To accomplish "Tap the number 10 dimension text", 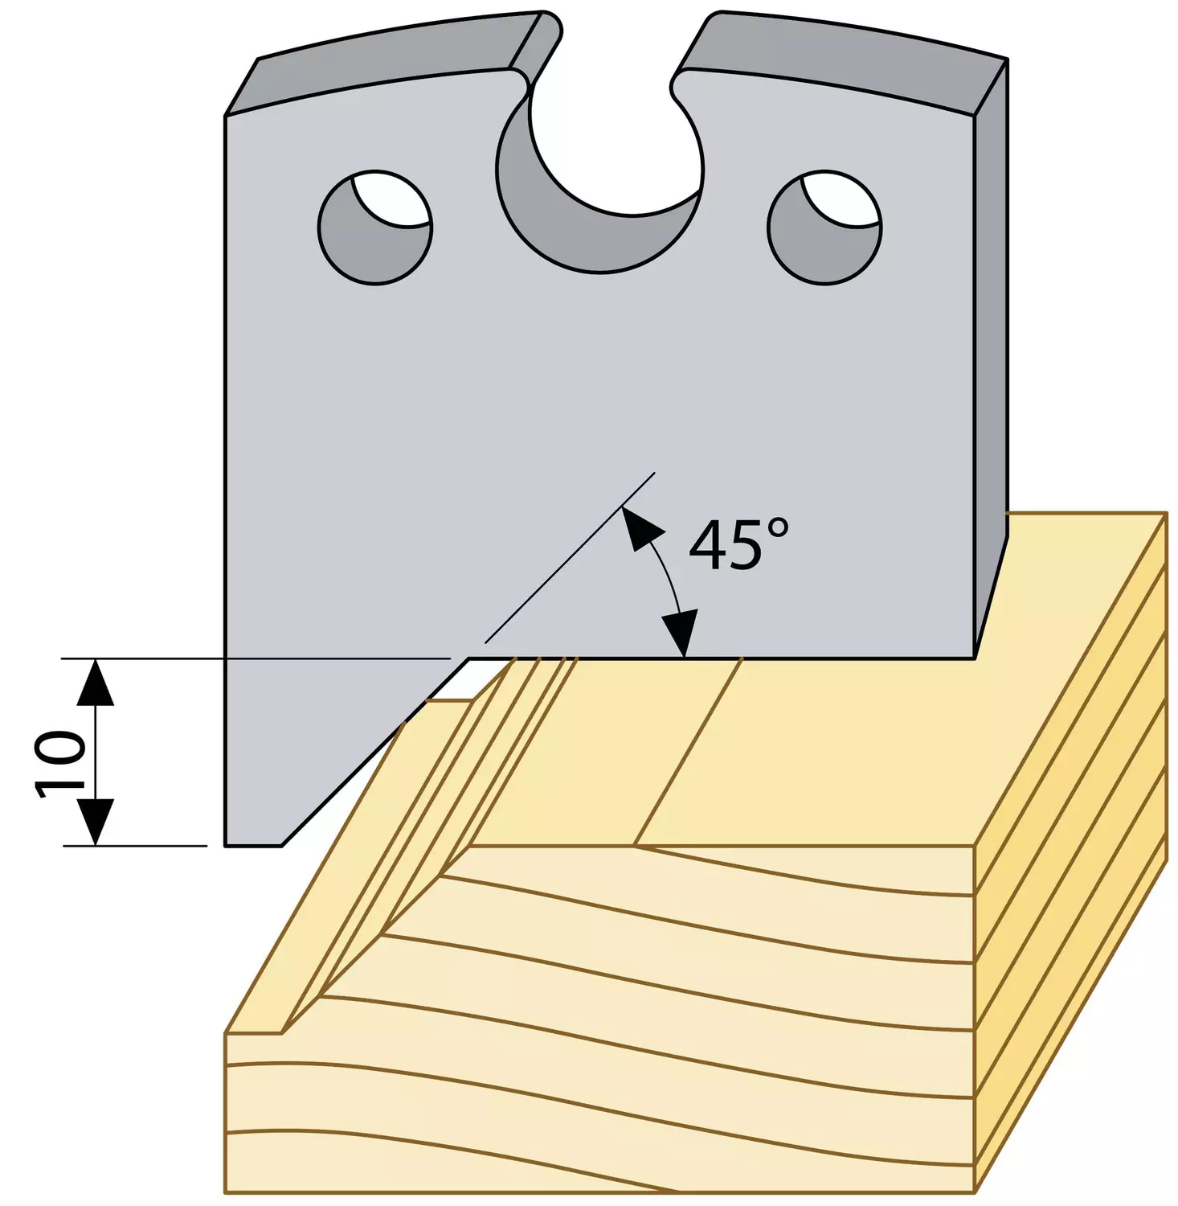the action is pyautogui.click(x=62, y=764).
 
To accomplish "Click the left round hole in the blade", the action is pyautogui.click(x=375, y=227).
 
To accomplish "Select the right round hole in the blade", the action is pyautogui.click(x=824, y=227).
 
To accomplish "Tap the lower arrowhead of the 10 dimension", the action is pyautogui.click(x=96, y=822).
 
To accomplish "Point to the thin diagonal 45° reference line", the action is pyautogui.click(x=569, y=557).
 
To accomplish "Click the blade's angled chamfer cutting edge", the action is pyautogui.click(x=375, y=752).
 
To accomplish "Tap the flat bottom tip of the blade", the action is pyautogui.click(x=253, y=845).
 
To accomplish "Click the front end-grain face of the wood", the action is pyautogui.click(x=599, y=1021).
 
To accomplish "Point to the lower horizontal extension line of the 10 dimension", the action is pyautogui.click(x=135, y=846).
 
